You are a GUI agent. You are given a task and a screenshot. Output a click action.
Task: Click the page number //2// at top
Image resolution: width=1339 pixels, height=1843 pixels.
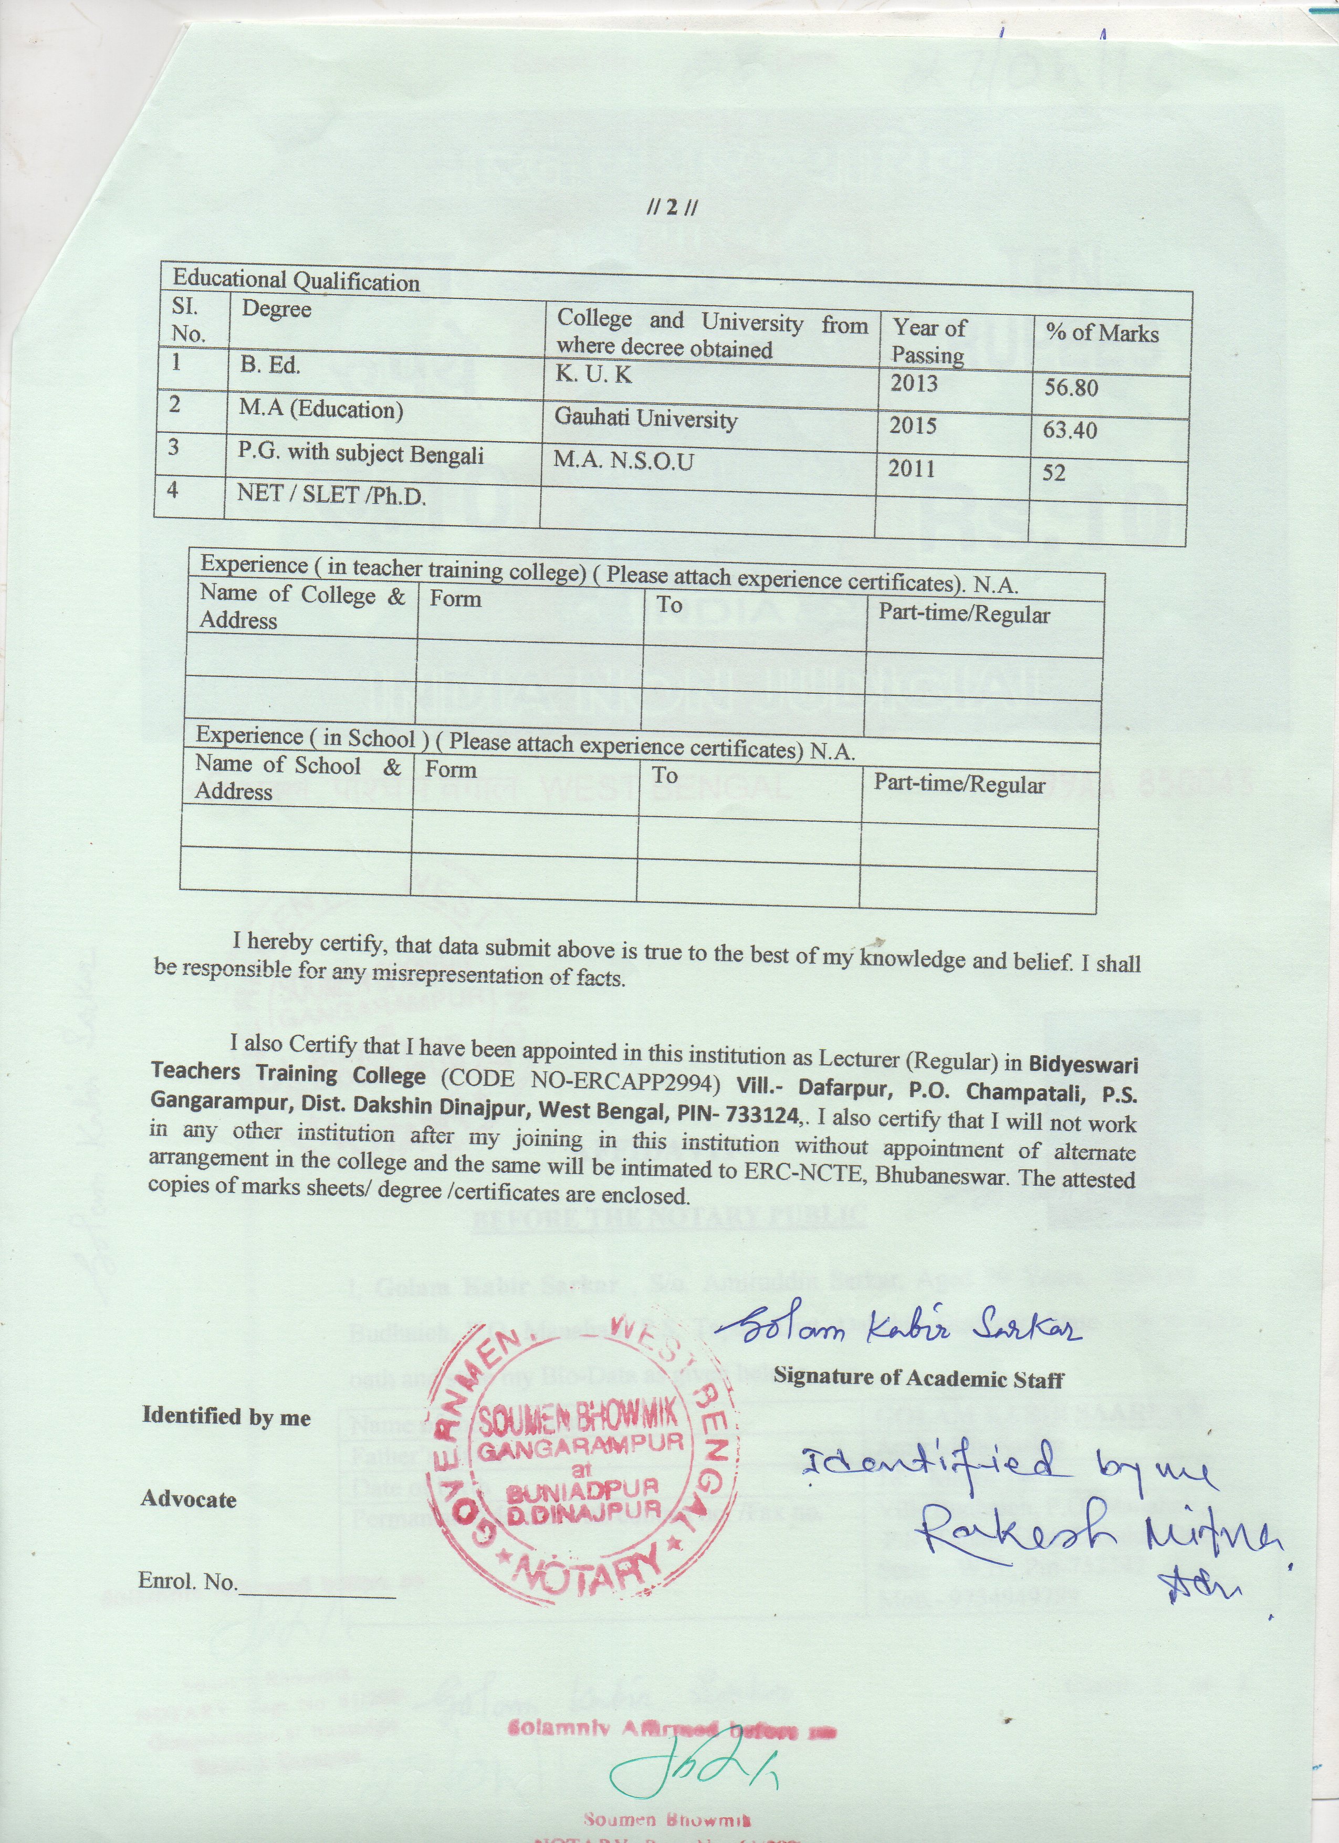672,207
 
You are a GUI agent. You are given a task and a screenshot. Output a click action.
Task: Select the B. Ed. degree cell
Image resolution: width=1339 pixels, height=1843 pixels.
270,366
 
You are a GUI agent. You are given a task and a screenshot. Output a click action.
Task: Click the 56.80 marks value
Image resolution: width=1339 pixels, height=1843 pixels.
1071,388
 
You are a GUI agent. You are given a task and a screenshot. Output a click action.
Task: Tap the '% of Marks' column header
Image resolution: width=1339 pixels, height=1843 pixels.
1102,332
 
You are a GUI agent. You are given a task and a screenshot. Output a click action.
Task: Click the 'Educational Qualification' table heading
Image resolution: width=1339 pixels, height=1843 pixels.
296,280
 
